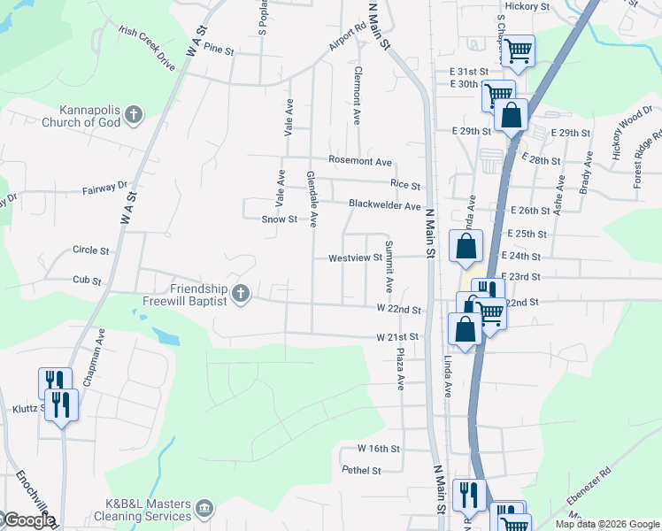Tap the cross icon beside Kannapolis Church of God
134,114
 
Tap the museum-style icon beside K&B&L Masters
205,508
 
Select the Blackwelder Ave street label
384,204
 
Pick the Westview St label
354,258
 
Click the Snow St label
279,219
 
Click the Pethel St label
361,471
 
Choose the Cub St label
88,281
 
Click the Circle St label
91,250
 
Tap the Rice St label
404,184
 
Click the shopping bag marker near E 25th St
466,247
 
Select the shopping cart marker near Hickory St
518,50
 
